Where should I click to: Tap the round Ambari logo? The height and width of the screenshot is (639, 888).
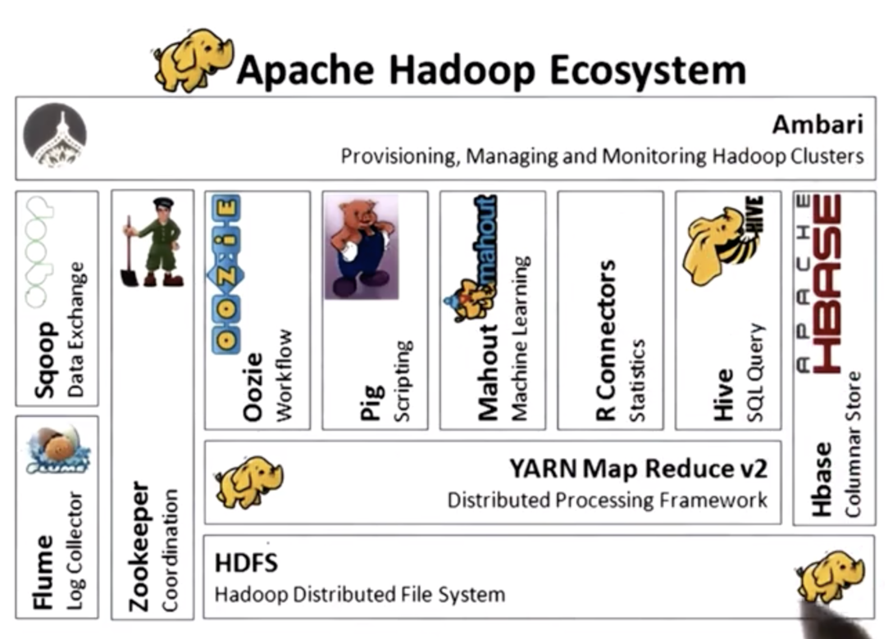click(x=54, y=134)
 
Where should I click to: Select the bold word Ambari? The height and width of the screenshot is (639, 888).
click(x=817, y=125)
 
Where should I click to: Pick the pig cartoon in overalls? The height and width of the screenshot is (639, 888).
click(x=360, y=246)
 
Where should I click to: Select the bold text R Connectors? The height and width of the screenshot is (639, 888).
click(x=606, y=340)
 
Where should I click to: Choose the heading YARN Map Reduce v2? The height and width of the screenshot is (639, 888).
click(x=639, y=469)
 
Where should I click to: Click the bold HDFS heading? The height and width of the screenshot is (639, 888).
click(x=246, y=563)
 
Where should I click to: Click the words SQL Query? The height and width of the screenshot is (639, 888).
click(x=755, y=373)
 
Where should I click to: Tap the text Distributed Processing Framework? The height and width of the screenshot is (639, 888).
click(x=607, y=500)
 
